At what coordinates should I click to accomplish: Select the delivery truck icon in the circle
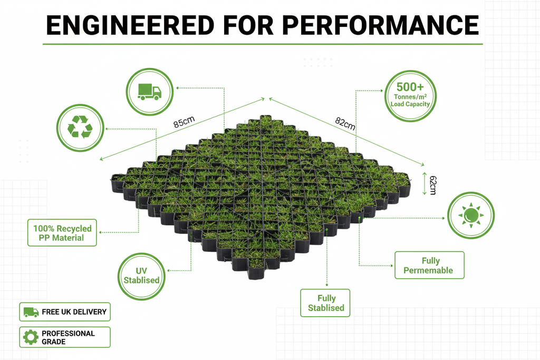[150, 92]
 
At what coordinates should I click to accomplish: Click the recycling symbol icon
[80, 128]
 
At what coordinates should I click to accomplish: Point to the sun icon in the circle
[470, 215]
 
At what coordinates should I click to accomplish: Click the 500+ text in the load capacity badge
[410, 86]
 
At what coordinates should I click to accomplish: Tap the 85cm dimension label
[184, 123]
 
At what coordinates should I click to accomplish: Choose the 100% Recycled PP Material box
[62, 233]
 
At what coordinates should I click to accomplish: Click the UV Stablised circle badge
[141, 275]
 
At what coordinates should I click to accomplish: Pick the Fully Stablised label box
[326, 303]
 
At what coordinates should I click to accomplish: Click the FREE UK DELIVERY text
[74, 312]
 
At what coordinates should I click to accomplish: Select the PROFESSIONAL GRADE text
[68, 337]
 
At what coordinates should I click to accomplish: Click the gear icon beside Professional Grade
[31, 337]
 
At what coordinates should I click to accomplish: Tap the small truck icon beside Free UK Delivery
[31, 312]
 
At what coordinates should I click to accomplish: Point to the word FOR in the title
[248, 25]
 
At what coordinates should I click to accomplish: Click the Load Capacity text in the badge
[410, 104]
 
